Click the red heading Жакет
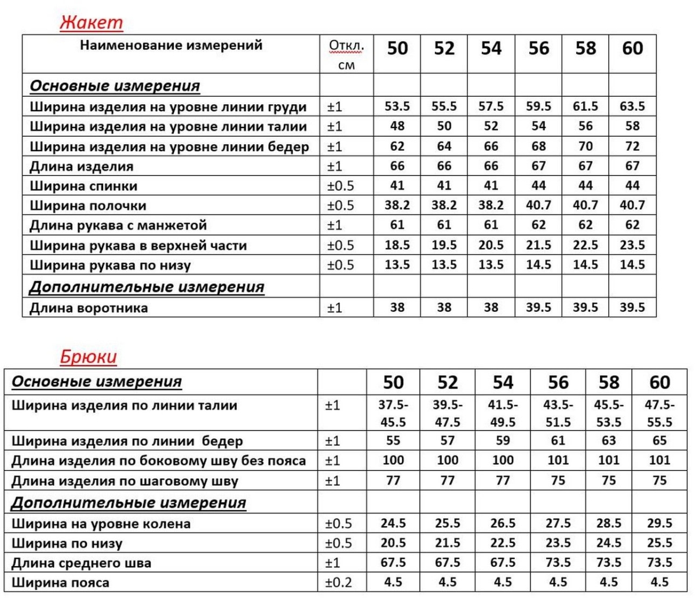92,23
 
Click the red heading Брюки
88,357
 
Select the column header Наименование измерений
171,45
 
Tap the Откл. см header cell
346,54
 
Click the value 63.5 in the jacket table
632,107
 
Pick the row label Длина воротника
89,308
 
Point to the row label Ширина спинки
83,186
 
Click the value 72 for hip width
632,146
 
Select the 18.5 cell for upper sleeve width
397,245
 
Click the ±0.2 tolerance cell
339,582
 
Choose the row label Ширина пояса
60,582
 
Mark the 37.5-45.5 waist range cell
393,413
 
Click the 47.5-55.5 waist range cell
659,413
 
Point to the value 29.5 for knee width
659,523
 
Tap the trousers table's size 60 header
659,382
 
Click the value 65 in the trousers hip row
659,441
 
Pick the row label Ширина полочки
88,206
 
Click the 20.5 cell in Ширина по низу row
393,543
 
